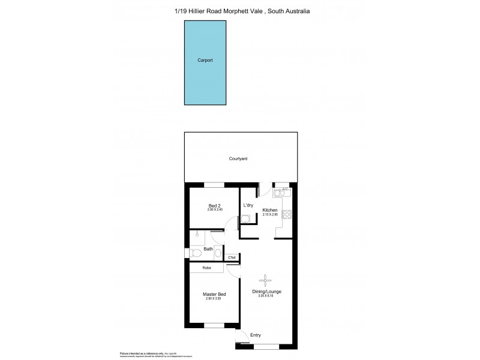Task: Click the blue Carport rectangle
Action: tap(205, 61)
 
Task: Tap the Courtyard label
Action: tap(238, 159)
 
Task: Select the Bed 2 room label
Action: tap(214, 205)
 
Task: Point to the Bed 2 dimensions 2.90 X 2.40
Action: tap(214, 210)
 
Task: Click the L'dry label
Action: tap(248, 206)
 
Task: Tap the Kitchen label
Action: tap(270, 209)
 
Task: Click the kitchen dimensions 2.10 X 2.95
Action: tap(270, 214)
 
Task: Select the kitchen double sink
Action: tap(280, 193)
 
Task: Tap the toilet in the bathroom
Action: tap(195, 254)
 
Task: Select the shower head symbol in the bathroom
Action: tap(197, 236)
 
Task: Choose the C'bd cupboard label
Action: tap(232, 258)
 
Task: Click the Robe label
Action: tap(206, 268)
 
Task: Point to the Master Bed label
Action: tap(214, 294)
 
